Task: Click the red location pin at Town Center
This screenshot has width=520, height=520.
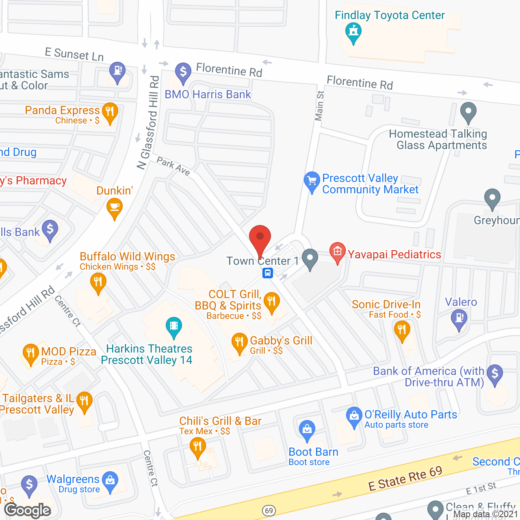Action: pyautogui.click(x=260, y=238)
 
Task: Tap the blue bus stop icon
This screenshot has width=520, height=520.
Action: pyautogui.click(x=268, y=273)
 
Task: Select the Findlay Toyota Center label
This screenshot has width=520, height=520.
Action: pyautogui.click(x=390, y=15)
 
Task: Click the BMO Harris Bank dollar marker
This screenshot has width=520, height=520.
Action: pyautogui.click(x=183, y=72)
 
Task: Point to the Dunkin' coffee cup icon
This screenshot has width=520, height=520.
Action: pyautogui.click(x=115, y=207)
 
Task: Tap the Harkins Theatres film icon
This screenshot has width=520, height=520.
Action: pyautogui.click(x=174, y=326)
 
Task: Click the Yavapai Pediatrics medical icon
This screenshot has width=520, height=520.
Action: pyautogui.click(x=337, y=251)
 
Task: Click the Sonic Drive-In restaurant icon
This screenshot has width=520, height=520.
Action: pyautogui.click(x=402, y=329)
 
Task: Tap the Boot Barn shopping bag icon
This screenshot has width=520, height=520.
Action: pyautogui.click(x=307, y=429)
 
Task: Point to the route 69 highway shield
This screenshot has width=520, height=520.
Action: pyautogui.click(x=269, y=510)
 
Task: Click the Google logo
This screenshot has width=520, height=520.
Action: pyautogui.click(x=28, y=510)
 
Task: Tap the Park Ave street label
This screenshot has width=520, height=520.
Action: pyautogui.click(x=173, y=167)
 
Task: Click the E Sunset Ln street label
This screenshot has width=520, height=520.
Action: pyautogui.click(x=74, y=54)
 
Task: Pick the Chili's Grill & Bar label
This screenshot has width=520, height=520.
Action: pyautogui.click(x=220, y=421)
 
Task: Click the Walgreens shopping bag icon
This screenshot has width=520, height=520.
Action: pyautogui.click(x=110, y=481)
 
